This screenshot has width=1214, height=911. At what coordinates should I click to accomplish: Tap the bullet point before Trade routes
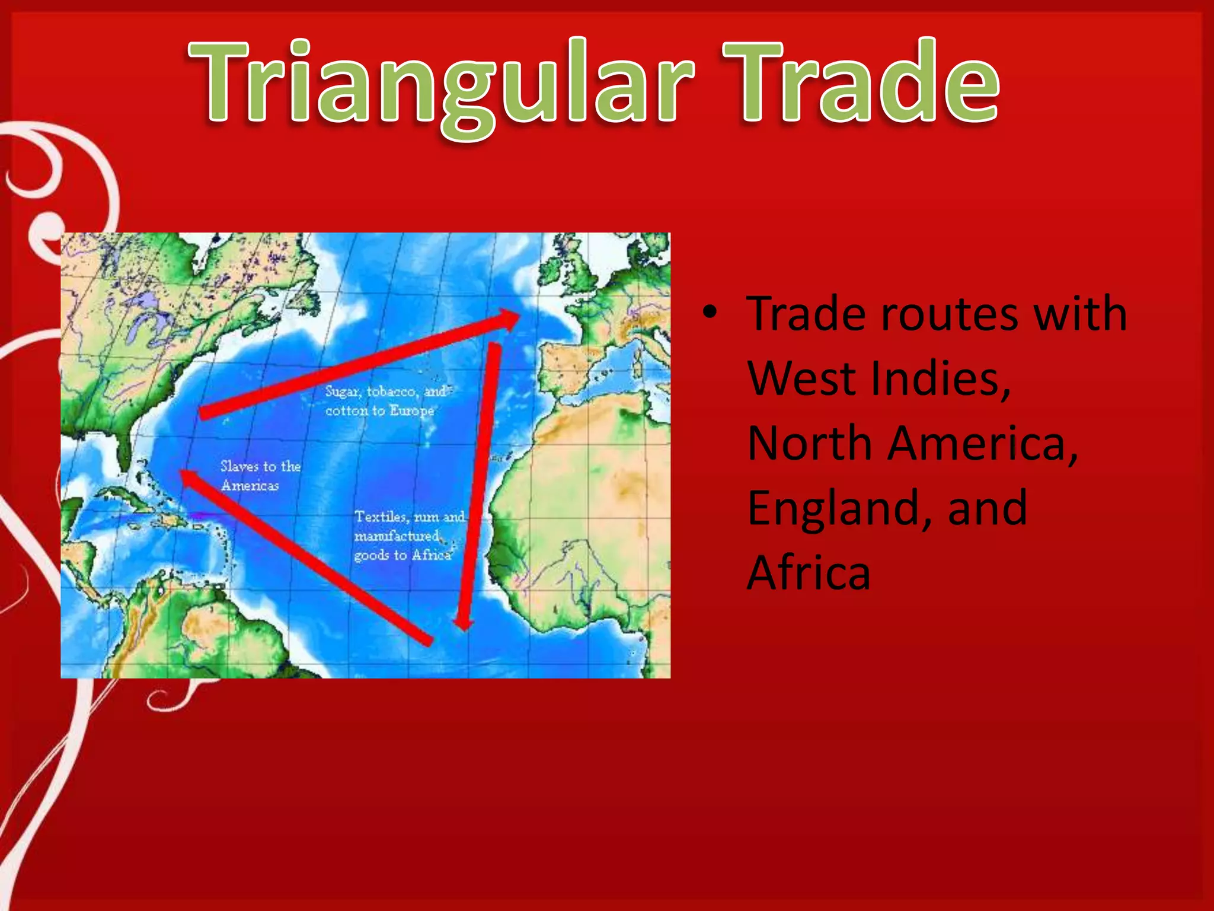[x=710, y=312]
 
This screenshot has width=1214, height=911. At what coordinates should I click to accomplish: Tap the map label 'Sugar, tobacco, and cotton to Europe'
[x=385, y=401]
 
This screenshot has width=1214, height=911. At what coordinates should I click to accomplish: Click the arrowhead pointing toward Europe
[x=510, y=318]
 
